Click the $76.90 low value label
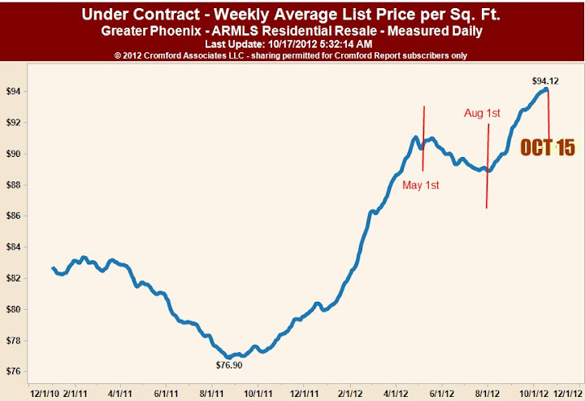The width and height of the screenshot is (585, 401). point(228,366)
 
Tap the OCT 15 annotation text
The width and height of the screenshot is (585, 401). point(548,147)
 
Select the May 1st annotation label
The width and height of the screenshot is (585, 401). point(421,185)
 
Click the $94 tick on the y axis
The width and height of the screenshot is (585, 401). point(13,92)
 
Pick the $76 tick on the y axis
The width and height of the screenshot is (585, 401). point(13,372)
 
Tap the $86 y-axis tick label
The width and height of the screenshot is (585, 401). point(13,216)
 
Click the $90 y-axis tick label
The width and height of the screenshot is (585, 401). point(13,154)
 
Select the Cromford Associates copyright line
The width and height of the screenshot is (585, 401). point(292,54)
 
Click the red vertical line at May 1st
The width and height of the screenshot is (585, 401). point(423,138)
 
